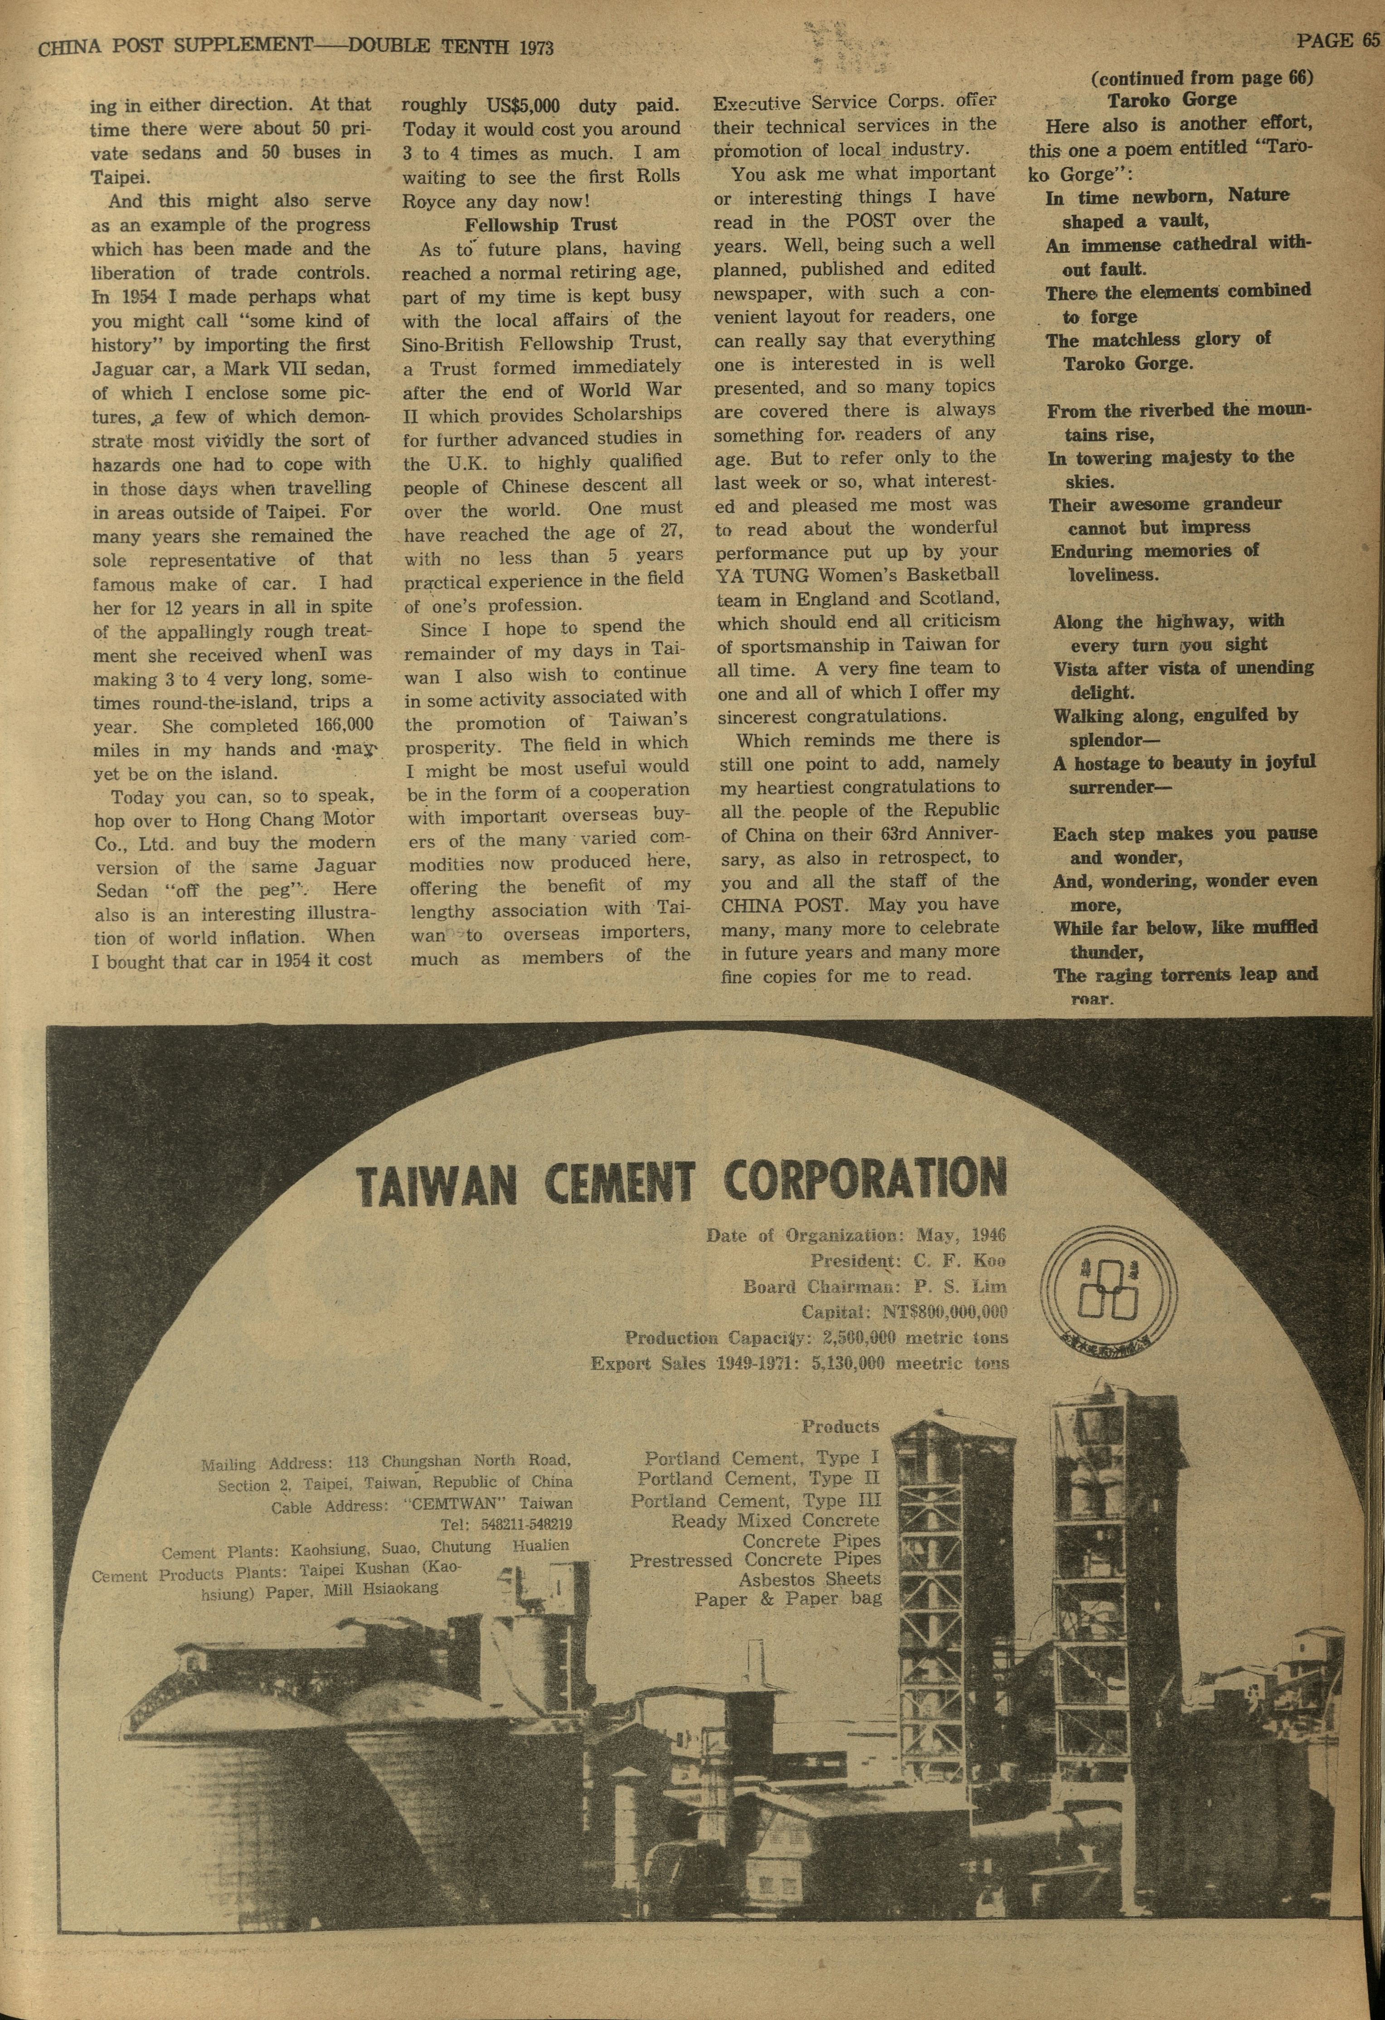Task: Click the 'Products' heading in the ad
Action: pos(840,1426)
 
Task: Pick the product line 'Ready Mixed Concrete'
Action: pos(776,1520)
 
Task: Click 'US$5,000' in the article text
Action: pos(523,106)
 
